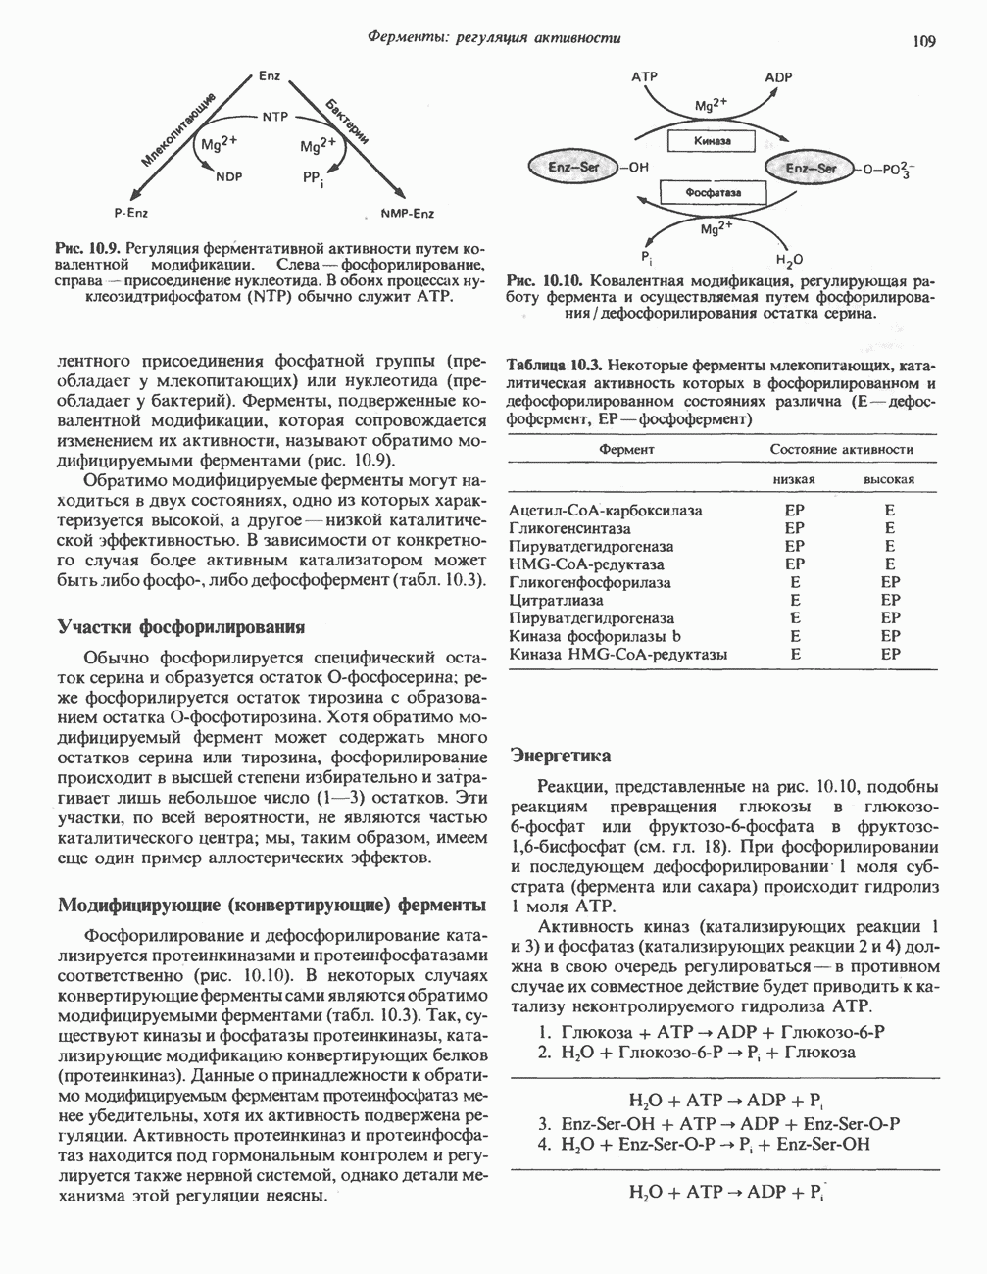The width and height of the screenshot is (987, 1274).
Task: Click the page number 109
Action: [923, 40]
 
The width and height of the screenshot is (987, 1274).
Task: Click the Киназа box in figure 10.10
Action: [712, 143]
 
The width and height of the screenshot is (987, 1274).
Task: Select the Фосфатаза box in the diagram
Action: [713, 193]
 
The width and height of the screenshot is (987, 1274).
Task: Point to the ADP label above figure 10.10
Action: [778, 77]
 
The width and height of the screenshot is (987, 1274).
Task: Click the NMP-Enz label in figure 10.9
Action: [407, 213]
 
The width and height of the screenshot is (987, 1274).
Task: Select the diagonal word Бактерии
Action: [348, 122]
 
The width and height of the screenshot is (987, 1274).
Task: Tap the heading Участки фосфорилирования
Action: [180, 626]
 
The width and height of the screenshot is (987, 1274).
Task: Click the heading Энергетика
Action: [561, 756]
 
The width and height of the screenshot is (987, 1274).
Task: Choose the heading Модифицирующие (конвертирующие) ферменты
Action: [271, 903]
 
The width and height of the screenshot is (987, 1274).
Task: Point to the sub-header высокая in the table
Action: [888, 479]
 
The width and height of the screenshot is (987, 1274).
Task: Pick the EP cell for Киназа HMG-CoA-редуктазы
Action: [889, 654]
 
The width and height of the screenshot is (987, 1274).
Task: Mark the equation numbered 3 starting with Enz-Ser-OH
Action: [720, 1124]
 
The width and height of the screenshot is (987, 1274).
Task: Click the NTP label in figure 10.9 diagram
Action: [272, 116]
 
